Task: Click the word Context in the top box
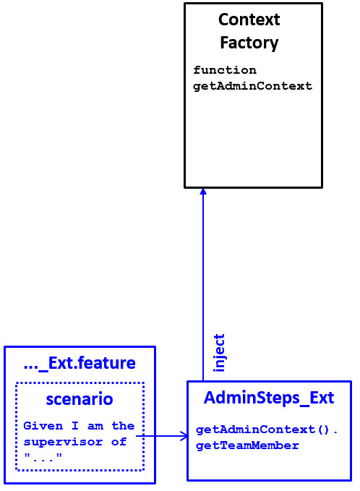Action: pos(249,20)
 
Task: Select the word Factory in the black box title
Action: pos(249,43)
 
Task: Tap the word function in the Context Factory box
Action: pos(225,70)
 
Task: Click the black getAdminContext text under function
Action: pos(252,85)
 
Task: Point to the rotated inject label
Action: pos(220,353)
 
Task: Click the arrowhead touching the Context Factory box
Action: pos(203,192)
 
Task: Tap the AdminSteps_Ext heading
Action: pos(269,398)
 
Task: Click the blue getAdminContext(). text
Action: pos(267,430)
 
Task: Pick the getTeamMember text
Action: pos(247,445)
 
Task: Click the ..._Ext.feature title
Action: pos(80,363)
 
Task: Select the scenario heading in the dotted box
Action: pos(80,399)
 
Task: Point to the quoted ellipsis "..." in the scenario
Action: pos(43,457)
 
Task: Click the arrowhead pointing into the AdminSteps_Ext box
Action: pos(184,436)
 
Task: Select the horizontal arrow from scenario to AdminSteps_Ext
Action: pos(160,436)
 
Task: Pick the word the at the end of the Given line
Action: pos(123,426)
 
